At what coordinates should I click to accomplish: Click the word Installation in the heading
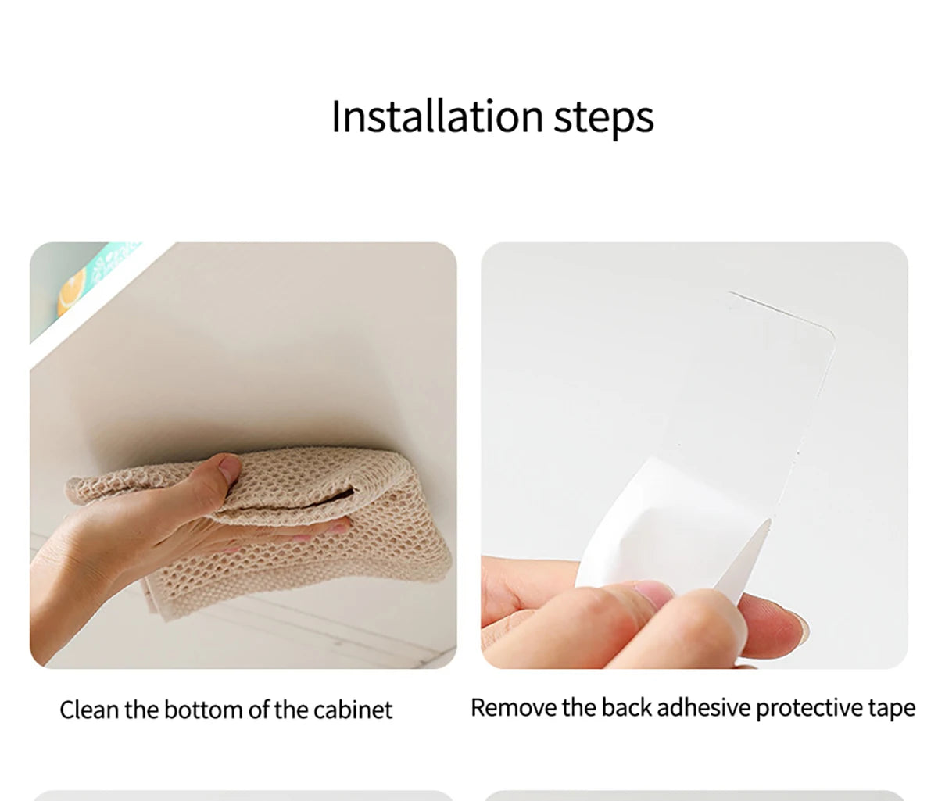coord(437,116)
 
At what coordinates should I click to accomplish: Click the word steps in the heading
coord(603,120)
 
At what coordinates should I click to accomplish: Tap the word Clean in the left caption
coord(90,710)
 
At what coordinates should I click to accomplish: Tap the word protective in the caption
coord(810,710)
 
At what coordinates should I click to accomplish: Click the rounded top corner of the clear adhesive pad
coord(829,331)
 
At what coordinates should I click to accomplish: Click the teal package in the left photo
coord(91,281)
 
